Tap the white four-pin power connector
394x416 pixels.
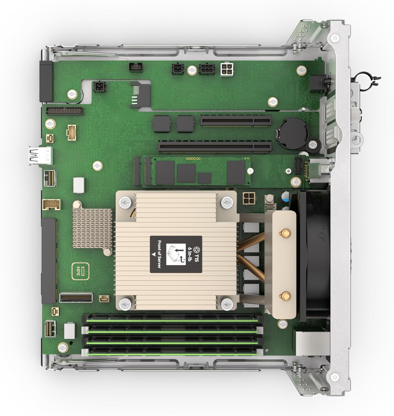point(227,69)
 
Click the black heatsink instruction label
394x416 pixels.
point(176,254)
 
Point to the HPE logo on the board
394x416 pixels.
point(78,271)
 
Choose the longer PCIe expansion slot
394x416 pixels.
point(215,146)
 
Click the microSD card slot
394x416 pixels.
point(140,94)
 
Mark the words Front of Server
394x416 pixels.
point(159,254)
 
